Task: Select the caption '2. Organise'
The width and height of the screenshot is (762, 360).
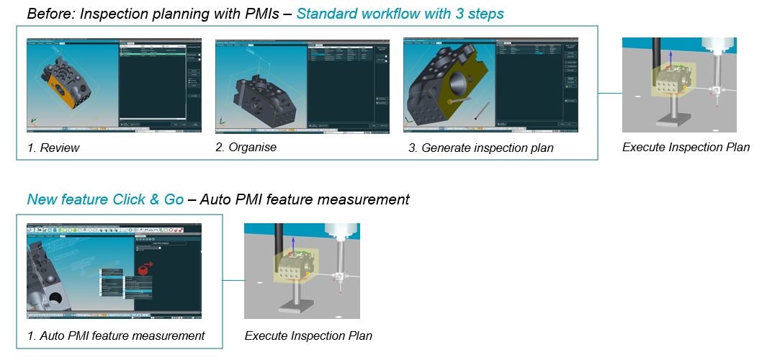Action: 246,148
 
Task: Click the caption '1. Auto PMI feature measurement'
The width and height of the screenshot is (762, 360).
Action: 115,336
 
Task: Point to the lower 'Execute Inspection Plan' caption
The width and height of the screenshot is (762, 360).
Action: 308,336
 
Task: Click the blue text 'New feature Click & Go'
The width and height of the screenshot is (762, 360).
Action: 105,199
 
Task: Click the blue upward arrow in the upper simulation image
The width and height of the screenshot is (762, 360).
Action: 670,60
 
